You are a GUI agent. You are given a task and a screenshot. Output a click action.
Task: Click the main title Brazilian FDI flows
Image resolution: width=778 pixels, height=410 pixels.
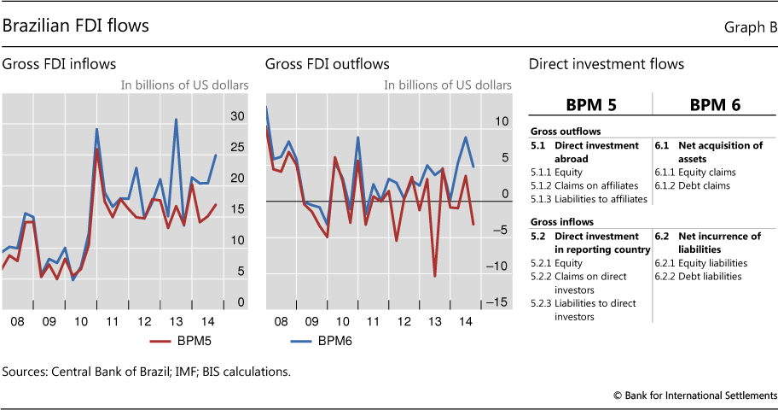pos(76,26)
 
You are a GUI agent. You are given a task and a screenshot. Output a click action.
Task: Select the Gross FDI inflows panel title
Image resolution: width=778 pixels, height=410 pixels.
pos(59,64)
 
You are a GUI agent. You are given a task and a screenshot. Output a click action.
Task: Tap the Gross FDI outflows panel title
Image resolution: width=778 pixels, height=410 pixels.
pos(327,64)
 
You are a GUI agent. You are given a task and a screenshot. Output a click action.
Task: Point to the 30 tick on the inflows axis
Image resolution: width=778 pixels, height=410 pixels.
pos(238,116)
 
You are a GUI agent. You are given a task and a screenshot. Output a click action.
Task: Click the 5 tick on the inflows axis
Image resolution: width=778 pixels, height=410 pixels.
pos(241,272)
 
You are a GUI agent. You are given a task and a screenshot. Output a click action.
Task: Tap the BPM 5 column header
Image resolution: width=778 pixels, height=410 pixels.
pos(591,106)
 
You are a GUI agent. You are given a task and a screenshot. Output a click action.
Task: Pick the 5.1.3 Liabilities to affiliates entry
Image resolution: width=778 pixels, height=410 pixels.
pos(588,199)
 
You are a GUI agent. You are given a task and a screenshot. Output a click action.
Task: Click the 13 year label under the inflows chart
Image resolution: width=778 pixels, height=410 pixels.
pos(177,321)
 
